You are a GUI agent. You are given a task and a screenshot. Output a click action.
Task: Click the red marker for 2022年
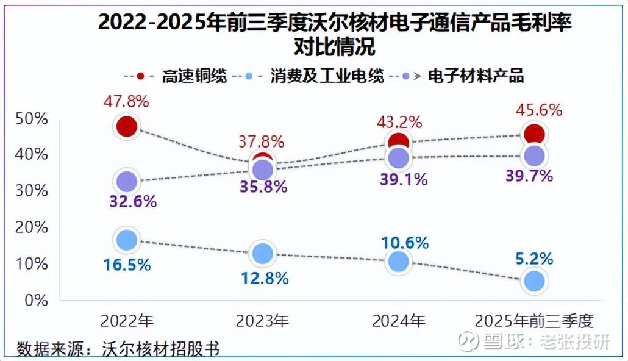coord(127,127)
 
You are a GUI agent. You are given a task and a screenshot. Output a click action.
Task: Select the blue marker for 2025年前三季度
coord(535,281)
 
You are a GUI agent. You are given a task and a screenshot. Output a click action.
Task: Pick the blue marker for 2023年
coord(263,253)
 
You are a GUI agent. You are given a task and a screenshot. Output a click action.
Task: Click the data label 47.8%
coord(127,101)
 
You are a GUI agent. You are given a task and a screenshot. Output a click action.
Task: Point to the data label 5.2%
coord(533,259)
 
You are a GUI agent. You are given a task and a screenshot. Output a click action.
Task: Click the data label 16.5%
coord(127,265)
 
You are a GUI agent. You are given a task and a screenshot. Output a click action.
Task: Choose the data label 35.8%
coord(263,187)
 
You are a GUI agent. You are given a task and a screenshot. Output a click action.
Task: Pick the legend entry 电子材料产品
coord(476,77)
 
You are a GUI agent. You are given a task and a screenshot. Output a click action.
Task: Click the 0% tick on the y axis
coord(35,300)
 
